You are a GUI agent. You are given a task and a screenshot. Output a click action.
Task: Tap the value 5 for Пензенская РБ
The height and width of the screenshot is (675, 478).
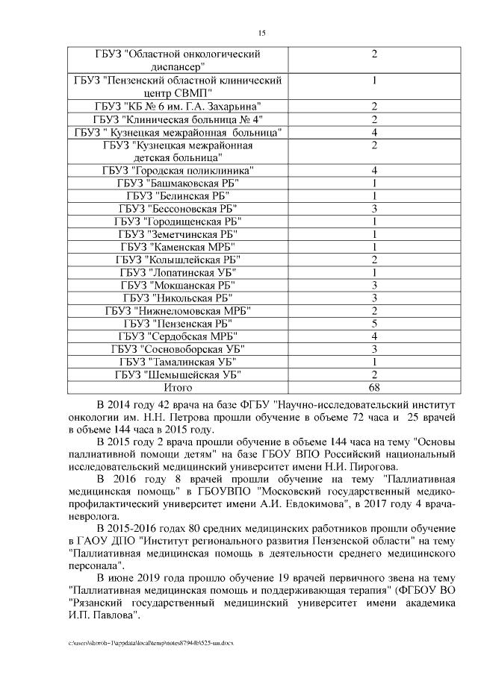373,323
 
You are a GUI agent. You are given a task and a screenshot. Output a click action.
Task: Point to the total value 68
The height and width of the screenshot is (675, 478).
373,387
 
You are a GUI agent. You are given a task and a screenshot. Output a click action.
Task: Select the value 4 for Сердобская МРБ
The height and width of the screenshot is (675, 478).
373,336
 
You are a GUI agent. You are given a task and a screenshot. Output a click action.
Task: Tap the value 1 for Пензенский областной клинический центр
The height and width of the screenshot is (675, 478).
373,81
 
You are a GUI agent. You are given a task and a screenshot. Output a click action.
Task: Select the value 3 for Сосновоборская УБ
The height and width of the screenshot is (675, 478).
373,348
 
